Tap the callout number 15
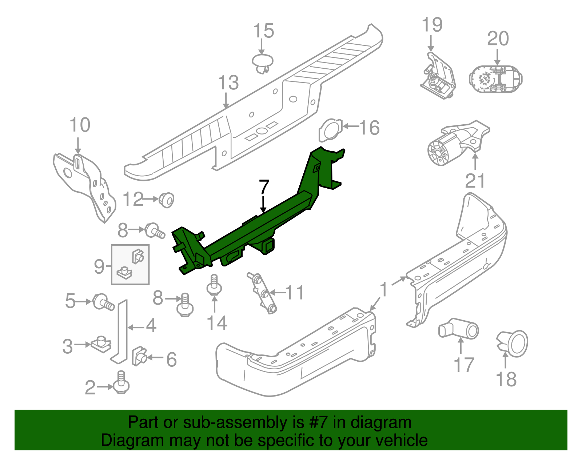[263, 31]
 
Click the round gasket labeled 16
[330, 130]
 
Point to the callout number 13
[228, 83]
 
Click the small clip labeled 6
[140, 356]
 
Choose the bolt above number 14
[214, 285]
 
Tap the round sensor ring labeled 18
[514, 343]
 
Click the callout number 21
[475, 181]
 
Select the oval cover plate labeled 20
[495, 79]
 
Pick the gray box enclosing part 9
[130, 264]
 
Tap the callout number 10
[80, 125]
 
